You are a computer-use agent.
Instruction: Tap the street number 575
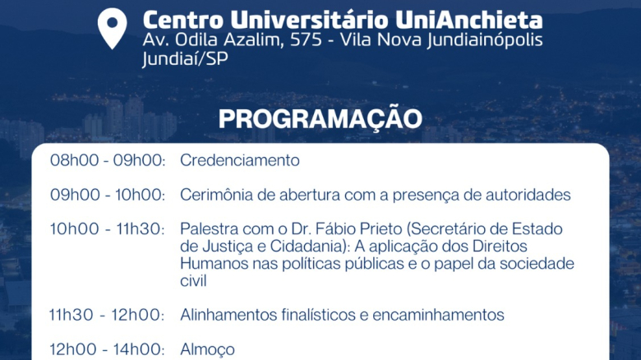pos(306,40)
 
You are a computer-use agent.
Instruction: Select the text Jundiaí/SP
pos(185,59)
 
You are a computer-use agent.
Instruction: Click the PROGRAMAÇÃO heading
pos(320,118)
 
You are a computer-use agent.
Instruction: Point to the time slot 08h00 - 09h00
pos(108,160)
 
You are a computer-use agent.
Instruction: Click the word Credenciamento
pos(240,160)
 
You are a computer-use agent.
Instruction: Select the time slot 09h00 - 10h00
pos(108,195)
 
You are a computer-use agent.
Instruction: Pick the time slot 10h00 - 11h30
pos(108,228)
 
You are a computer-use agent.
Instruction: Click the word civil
pos(193,280)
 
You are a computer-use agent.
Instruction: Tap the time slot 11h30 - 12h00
pos(107,315)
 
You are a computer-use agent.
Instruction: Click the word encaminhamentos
pos(438,315)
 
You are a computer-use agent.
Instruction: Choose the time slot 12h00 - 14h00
pos(108,349)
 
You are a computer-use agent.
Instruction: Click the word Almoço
pos(208,350)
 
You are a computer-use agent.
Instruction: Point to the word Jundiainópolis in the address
pos(485,40)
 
